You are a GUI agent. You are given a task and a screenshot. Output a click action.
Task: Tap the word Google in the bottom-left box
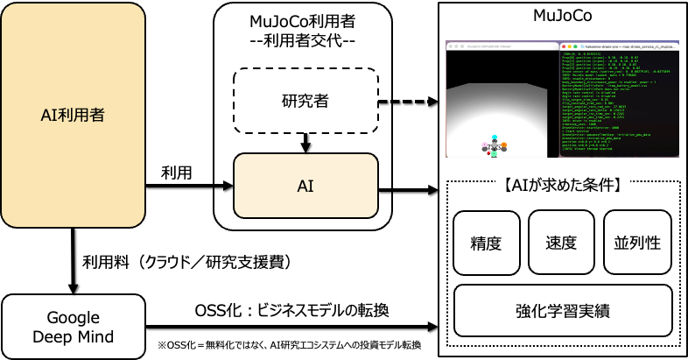(73, 318)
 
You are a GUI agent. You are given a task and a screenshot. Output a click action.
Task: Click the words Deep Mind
(73, 336)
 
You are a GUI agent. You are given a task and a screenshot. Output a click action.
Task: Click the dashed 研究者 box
(305, 101)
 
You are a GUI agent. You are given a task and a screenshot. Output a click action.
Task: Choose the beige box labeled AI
(305, 186)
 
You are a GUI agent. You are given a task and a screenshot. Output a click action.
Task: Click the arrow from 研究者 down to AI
(305, 142)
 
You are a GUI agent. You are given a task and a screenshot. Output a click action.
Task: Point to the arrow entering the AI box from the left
(223, 186)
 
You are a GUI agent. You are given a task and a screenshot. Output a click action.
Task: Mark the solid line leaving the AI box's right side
(385, 186)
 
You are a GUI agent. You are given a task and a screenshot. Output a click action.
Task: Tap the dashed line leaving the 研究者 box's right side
(385, 101)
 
